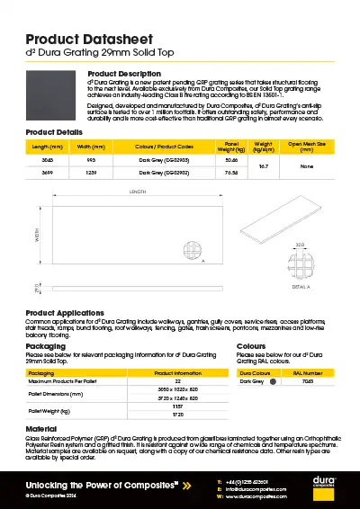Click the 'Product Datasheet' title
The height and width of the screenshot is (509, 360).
coord(83,40)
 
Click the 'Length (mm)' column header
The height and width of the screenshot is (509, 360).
coord(48,146)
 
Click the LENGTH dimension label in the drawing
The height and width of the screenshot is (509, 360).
coord(138,192)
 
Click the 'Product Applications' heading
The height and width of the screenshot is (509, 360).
coord(67,312)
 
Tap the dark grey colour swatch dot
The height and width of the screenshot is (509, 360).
coord(272,381)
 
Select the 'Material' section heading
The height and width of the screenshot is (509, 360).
coord(40,429)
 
